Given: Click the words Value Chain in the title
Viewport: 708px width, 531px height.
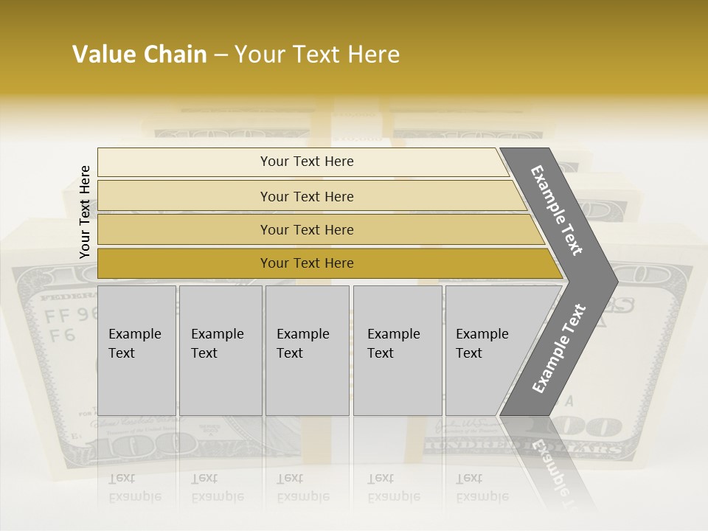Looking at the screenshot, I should click(x=139, y=55).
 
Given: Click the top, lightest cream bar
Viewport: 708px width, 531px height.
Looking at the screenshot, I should click(x=184, y=162).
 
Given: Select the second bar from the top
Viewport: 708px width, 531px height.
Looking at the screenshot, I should click(x=184, y=196).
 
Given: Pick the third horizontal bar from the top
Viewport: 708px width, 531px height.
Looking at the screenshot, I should click(x=184, y=229).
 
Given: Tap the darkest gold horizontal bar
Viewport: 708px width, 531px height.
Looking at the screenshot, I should click(x=184, y=263).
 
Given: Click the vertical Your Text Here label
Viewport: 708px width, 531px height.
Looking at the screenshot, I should click(x=85, y=212).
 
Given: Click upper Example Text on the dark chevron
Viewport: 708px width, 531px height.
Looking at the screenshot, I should click(x=557, y=210).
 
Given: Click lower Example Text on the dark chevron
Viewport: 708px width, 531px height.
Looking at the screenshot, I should click(x=558, y=348).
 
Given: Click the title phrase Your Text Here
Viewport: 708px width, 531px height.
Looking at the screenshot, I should click(x=317, y=55).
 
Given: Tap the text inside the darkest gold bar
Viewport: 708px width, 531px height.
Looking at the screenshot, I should click(x=307, y=263).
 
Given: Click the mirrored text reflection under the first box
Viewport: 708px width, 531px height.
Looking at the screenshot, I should click(x=134, y=487).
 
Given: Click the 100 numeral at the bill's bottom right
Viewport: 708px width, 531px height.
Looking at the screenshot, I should click(x=594, y=427).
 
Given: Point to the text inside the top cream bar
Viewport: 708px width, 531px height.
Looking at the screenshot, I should click(x=307, y=162).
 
